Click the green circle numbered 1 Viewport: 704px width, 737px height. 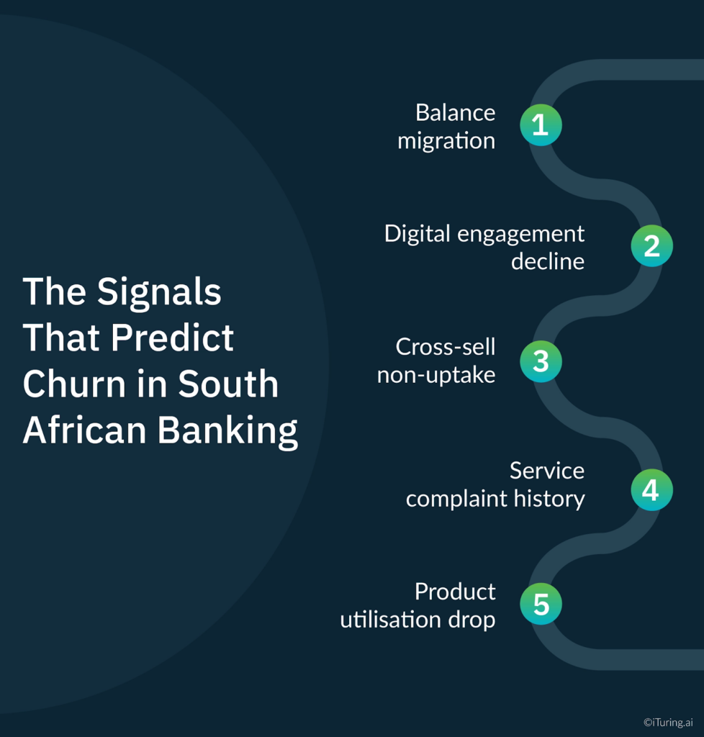pyautogui.click(x=541, y=125)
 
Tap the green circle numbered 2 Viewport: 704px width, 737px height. pyautogui.click(x=651, y=246)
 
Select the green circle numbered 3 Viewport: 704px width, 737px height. pyautogui.click(x=541, y=361)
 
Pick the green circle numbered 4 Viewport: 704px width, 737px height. pyautogui.click(x=651, y=490)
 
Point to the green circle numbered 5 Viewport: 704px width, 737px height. pyautogui.click(x=541, y=605)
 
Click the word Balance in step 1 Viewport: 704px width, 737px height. pyautogui.click(x=455, y=113)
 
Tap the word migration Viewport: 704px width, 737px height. pyautogui.click(x=446, y=141)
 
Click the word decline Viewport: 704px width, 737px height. pyautogui.click(x=547, y=261)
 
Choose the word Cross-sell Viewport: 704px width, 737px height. pyautogui.click(x=445, y=347)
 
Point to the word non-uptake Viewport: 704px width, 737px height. pyautogui.click(x=436, y=375)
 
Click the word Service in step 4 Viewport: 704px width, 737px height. pyautogui.click(x=546, y=471)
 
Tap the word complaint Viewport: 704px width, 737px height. pyautogui.click(x=451, y=499)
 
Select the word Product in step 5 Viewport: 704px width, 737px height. pyautogui.click(x=455, y=592)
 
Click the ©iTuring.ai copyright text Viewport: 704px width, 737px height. pyautogui.click(x=668, y=722)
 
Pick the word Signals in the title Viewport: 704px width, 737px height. pyautogui.click(x=159, y=291)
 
